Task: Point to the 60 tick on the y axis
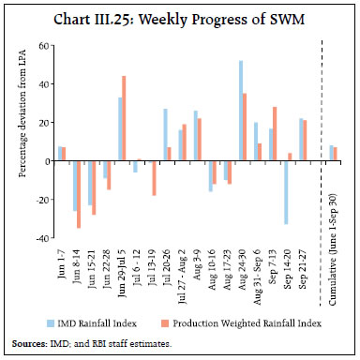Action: (45, 45)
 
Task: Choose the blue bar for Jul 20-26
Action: (165, 135)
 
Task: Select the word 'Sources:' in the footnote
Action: (32, 344)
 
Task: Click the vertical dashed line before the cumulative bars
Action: (322, 141)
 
